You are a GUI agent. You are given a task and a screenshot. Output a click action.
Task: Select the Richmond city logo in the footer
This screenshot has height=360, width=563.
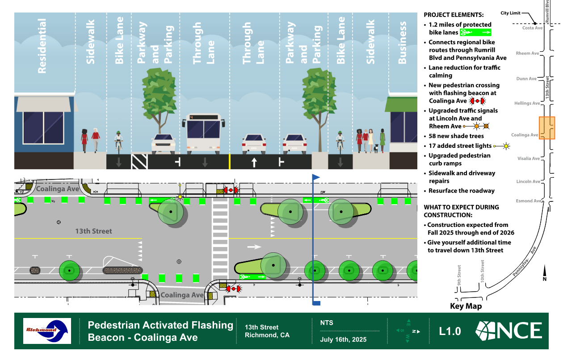click(x=47, y=331)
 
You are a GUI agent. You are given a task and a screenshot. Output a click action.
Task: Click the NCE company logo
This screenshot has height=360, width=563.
click(x=509, y=331)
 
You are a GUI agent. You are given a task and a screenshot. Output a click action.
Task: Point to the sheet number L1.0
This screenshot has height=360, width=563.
click(x=450, y=331)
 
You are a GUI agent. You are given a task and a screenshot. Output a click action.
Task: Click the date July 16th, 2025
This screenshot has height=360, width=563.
click(x=343, y=339)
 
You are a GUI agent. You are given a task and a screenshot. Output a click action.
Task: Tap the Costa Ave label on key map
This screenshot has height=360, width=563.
click(x=532, y=28)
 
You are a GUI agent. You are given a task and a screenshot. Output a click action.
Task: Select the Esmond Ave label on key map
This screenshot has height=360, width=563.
click(x=528, y=201)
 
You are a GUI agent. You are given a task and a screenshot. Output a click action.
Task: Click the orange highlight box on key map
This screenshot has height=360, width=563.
click(x=546, y=128)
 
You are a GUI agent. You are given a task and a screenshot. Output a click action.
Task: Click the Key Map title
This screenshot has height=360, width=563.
click(x=466, y=306)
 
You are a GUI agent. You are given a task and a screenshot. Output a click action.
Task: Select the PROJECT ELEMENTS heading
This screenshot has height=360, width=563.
click(x=453, y=15)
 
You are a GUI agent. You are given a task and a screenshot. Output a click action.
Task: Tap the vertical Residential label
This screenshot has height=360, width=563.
click(x=42, y=46)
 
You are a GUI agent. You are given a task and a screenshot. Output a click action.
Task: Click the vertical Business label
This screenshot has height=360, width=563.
click(x=402, y=42)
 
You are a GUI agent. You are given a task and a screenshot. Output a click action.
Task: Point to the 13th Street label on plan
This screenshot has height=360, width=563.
click(x=93, y=231)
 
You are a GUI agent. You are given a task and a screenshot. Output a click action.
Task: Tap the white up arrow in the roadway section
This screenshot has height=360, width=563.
click(x=254, y=162)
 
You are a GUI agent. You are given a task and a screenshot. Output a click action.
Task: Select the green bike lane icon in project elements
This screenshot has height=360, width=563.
click(x=475, y=32)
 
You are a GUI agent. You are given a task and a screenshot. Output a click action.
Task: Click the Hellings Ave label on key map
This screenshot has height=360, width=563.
click(x=527, y=103)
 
